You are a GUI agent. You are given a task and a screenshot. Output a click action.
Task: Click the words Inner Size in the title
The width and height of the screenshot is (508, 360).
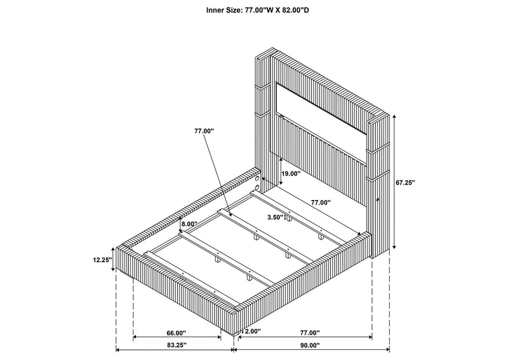tap(224, 10)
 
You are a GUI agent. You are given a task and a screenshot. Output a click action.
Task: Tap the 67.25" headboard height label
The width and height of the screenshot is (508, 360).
tap(405, 183)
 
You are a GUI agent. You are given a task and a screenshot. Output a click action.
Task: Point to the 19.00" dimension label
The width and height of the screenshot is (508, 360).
tap(291, 174)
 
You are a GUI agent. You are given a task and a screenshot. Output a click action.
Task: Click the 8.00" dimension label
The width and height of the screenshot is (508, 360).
tap(189, 224)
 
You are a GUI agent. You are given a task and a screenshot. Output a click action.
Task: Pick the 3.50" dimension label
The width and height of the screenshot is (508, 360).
tap(276, 217)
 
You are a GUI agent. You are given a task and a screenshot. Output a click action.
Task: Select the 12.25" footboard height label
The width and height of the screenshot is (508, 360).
tap(102, 260)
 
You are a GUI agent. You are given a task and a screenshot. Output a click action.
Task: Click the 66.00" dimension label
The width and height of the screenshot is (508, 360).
tap(177, 333)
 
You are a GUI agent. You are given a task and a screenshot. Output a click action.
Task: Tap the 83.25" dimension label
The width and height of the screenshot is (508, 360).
tap(177, 345)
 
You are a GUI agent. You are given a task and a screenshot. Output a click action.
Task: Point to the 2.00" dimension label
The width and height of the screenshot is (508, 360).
tap(253, 331)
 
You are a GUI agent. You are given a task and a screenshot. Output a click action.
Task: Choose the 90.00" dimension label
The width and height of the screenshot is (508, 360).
tap(310, 345)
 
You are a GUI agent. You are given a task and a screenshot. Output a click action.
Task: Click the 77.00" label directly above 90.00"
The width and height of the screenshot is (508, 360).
tap(310, 333)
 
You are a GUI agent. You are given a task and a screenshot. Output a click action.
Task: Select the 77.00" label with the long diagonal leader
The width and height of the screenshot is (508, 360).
tap(204, 131)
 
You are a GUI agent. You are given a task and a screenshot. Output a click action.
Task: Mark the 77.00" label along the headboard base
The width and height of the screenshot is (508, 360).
tap(321, 203)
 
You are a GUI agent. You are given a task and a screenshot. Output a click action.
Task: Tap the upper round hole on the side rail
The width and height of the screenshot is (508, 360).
tap(257, 179)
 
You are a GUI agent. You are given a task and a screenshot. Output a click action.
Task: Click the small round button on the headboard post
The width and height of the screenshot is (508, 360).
tap(378, 199)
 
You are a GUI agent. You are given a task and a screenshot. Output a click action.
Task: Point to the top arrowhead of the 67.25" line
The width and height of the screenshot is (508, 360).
tap(394, 116)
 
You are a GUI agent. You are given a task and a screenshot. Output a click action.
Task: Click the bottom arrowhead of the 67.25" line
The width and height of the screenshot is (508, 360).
tap(394, 247)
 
